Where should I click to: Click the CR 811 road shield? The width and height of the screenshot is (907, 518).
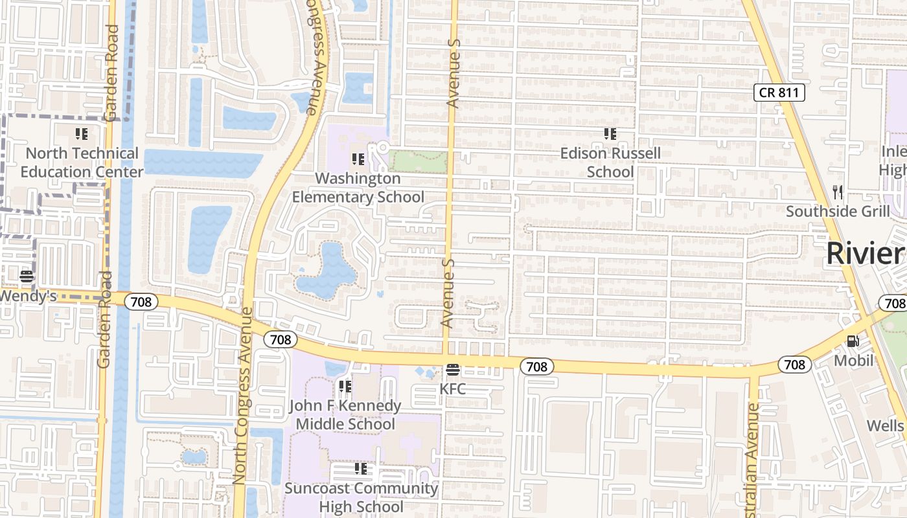tap(779, 93)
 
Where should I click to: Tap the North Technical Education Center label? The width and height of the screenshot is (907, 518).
tap(82, 163)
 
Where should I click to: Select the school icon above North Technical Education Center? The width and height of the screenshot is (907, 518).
tap(82, 134)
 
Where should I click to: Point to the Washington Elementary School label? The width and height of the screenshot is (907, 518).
tap(358, 187)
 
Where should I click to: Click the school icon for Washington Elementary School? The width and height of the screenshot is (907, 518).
tap(358, 159)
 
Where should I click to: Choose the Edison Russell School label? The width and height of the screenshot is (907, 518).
tap(610, 163)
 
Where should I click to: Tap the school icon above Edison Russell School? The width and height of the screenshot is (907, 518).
tap(610, 134)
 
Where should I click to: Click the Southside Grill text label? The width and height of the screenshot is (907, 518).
tap(838, 211)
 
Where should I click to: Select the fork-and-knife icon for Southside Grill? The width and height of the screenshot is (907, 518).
tap(838, 192)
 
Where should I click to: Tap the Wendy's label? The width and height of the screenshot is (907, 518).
tap(28, 296)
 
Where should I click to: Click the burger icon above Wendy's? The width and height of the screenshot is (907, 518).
tap(27, 276)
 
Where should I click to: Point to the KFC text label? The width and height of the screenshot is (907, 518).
tap(453, 388)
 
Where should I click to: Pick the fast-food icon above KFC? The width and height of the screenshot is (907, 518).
tap(453, 370)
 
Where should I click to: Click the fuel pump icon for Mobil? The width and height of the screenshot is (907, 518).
tap(853, 341)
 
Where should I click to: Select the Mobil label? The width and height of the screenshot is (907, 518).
tap(853, 360)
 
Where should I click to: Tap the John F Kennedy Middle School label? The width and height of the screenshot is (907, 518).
tap(345, 414)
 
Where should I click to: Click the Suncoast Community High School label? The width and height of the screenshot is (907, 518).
tap(361, 497)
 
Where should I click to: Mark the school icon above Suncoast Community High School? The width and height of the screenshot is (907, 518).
tap(361, 468)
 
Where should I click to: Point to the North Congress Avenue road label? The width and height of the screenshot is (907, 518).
tap(242, 395)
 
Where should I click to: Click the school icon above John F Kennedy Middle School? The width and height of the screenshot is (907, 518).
tap(345, 387)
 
